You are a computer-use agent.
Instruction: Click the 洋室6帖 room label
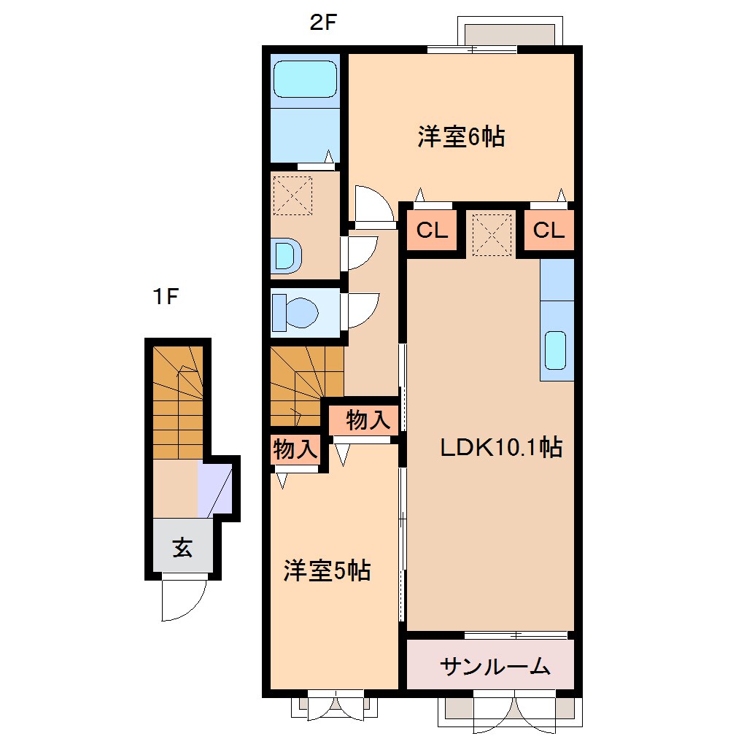click(x=461, y=136)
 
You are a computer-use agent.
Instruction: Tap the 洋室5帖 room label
click(x=327, y=570)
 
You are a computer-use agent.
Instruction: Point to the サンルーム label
click(x=495, y=665)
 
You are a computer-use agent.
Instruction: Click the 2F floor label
click(x=322, y=23)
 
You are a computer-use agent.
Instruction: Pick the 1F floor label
click(x=166, y=298)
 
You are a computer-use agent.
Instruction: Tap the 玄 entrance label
click(x=182, y=547)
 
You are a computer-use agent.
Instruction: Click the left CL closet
click(x=432, y=230)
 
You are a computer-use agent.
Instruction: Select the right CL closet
click(x=549, y=230)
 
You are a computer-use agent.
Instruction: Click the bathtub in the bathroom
click(x=305, y=79)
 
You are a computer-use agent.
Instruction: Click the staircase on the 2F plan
click(x=305, y=385)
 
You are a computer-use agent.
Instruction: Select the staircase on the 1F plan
click(x=177, y=401)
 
